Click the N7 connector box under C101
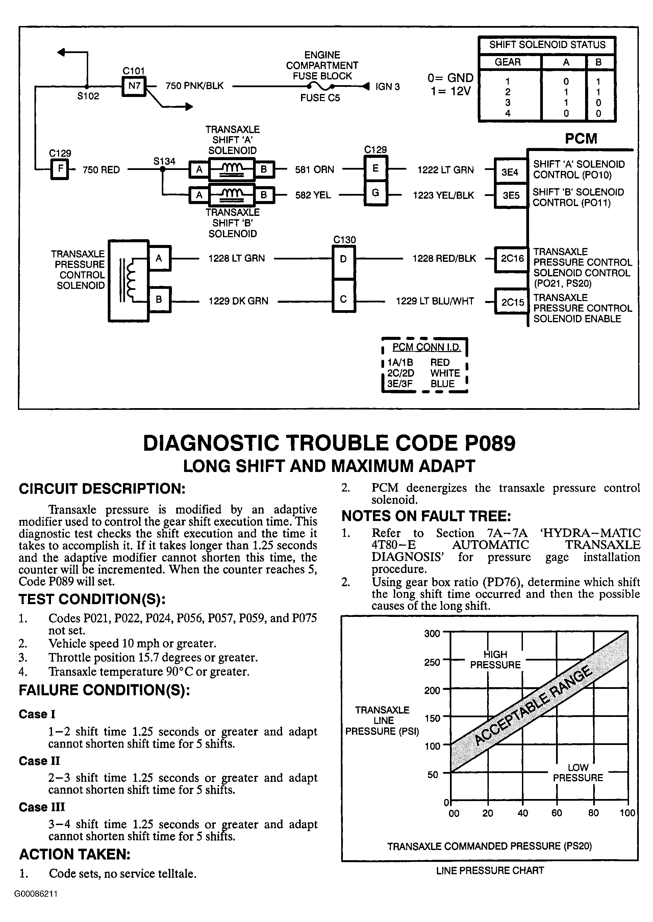[134, 86]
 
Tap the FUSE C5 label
[320, 98]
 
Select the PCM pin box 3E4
[510, 172]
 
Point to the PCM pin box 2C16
[512, 258]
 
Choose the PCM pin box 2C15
[512, 302]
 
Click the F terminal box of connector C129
[60, 169]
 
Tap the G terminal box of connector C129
[375, 193]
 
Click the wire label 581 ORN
[315, 170]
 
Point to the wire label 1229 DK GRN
[238, 301]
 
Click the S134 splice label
[164, 161]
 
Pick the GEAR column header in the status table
[507, 62]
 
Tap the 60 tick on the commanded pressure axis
[556, 813]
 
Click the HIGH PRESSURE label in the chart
[495, 659]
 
